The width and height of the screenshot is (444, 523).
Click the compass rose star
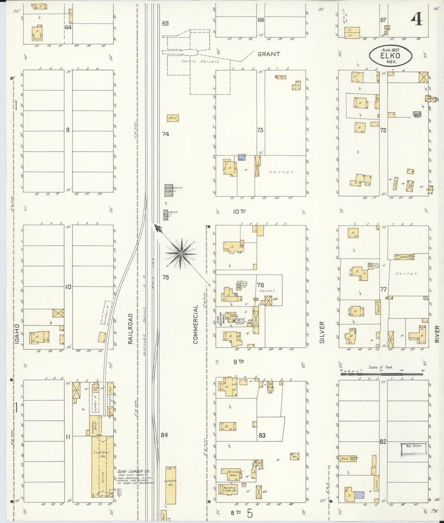pos(181,254)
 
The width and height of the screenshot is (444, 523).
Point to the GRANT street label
pos(269,54)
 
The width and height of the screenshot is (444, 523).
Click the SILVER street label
pos(322,332)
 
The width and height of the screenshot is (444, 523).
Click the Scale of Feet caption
pos(380,367)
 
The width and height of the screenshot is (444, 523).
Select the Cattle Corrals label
pos(200,61)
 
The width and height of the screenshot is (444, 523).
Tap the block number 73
pos(260,130)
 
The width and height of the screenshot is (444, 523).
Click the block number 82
pos(383,442)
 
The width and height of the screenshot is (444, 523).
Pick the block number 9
pos(67,130)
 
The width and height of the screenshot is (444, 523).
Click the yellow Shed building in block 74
pos(173,118)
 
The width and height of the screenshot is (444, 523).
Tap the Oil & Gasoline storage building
pos(169,190)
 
